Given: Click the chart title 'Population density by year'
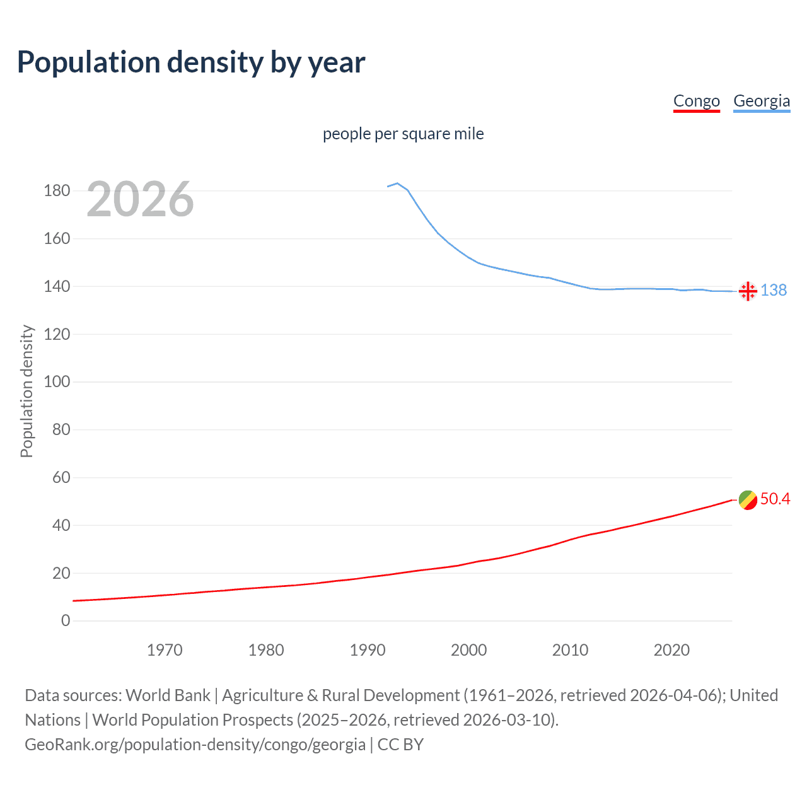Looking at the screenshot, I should [191, 62].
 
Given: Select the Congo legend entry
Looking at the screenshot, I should [696, 101].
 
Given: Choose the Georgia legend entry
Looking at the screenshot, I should [761, 101].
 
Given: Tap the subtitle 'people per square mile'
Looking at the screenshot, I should [403, 134].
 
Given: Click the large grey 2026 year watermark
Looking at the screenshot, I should [140, 199].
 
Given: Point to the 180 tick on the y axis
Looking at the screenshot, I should [57, 190].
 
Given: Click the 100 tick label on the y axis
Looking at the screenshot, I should [57, 381].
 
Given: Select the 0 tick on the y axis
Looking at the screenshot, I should [66, 620].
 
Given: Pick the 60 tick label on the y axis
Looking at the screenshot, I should [61, 477].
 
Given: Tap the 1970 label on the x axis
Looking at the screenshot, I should [165, 650].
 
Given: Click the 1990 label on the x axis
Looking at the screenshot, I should [368, 650].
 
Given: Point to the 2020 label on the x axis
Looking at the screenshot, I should [671, 650].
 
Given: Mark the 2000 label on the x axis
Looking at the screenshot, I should [468, 650].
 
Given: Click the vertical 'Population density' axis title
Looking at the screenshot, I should [26, 391].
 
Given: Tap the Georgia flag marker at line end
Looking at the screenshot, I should [748, 291].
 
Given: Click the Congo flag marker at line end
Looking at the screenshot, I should [748, 500].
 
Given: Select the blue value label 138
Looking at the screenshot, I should [774, 290].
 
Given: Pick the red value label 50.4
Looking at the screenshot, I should [775, 499].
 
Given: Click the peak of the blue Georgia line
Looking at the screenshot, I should [397, 183].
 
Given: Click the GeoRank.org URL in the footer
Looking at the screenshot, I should [195, 745].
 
